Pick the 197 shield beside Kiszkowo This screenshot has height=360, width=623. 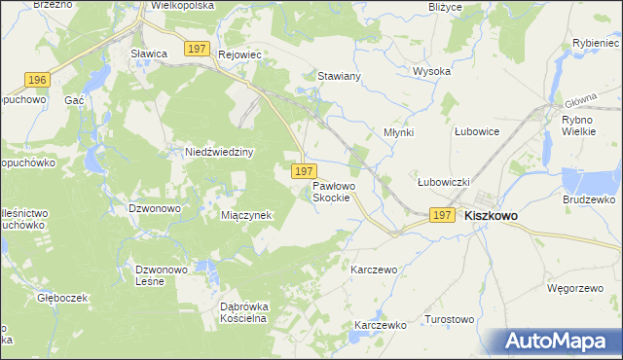pos(443,215)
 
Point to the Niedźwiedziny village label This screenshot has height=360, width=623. pos(219,152)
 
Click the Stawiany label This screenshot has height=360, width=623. pos(340,75)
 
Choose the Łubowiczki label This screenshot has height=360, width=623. pos(444,182)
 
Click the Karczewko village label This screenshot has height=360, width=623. pos(380,325)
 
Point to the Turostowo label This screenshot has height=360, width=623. pos(449,319)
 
